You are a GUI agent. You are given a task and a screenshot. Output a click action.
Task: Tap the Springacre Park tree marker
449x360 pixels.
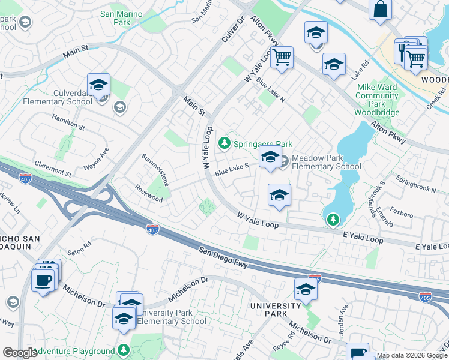pyautogui.click(x=224, y=143)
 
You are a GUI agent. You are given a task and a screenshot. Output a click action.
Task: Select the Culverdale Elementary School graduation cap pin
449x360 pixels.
pyautogui.click(x=99, y=85)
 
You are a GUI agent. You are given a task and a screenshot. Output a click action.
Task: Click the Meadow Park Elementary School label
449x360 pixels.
pyautogui.click(x=326, y=162)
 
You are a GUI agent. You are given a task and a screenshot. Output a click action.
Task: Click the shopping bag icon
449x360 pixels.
pyautogui.click(x=380, y=10)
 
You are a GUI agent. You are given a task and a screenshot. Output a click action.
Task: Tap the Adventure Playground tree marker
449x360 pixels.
pyautogui.click(x=123, y=349)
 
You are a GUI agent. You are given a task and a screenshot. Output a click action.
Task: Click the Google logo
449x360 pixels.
pyautogui.click(x=19, y=353)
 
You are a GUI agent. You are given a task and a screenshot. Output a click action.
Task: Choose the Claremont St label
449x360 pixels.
pyautogui.click(x=53, y=167)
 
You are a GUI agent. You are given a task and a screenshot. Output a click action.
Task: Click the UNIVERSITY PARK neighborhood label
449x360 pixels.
pyautogui.click(x=276, y=310)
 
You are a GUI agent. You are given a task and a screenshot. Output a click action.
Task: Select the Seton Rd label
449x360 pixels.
pyautogui.click(x=79, y=246)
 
